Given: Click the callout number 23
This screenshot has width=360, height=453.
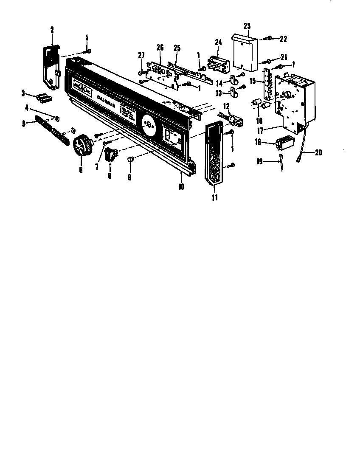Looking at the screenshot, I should tap(247, 26).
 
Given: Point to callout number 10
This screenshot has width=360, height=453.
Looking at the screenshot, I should tap(181, 186).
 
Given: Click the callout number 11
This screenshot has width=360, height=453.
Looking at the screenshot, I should tap(215, 197).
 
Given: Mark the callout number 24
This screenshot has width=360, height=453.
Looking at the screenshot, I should tap(218, 42).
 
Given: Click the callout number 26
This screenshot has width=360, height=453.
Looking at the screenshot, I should tap(160, 48).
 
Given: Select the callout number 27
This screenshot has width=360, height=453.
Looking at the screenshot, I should tap(141, 55).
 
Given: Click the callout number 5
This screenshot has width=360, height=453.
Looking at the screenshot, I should tap(24, 123).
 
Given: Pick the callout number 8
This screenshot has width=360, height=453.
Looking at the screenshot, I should tap(110, 176).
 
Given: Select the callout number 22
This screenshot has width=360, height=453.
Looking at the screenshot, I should tap(283, 39).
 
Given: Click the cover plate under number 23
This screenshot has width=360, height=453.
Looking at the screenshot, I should tap(246, 51).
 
